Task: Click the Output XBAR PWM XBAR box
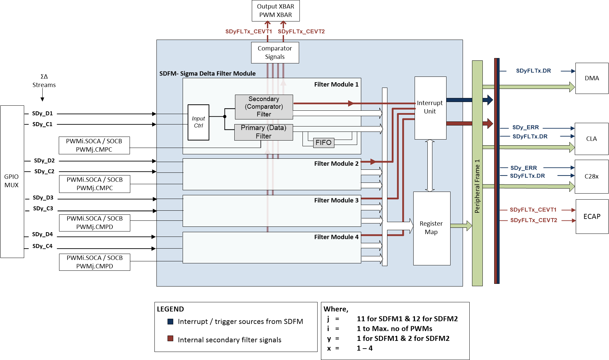(x=276, y=11)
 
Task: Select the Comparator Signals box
(x=275, y=53)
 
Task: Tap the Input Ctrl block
(x=198, y=122)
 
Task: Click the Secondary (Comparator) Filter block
(x=264, y=107)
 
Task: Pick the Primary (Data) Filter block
(x=264, y=132)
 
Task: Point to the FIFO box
(x=324, y=143)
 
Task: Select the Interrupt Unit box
(x=430, y=107)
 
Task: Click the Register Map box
(x=431, y=228)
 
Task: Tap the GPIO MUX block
(x=12, y=181)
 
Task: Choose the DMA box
(x=592, y=78)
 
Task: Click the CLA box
(x=591, y=139)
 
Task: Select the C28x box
(x=591, y=176)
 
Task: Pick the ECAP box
(x=592, y=217)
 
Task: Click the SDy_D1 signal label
(x=42, y=113)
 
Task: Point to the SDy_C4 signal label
(x=42, y=246)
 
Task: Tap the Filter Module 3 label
(x=336, y=200)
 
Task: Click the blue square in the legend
(x=171, y=321)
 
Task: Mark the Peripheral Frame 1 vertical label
(x=477, y=186)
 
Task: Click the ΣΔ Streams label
(x=44, y=81)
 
